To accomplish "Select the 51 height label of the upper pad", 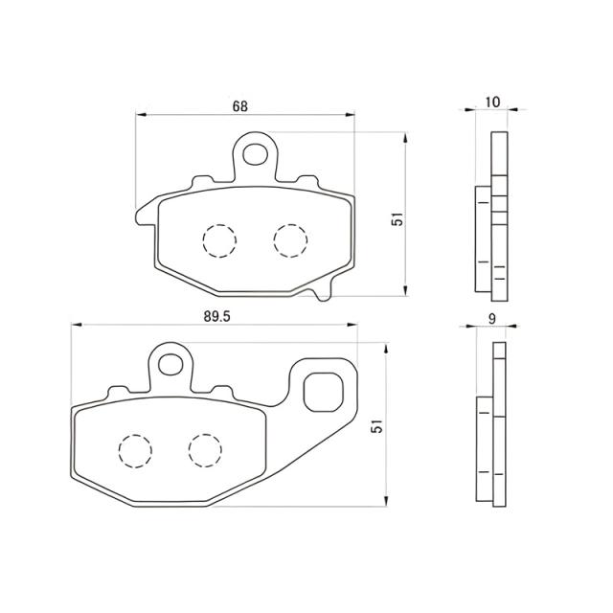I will (395, 220).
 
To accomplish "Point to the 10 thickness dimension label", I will (493, 102).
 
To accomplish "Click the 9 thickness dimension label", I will (490, 318).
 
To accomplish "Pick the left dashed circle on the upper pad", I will (218, 239).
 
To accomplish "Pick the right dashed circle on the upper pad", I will (290, 238).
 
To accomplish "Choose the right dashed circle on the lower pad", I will (206, 448).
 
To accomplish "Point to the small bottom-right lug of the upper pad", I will (324, 291).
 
